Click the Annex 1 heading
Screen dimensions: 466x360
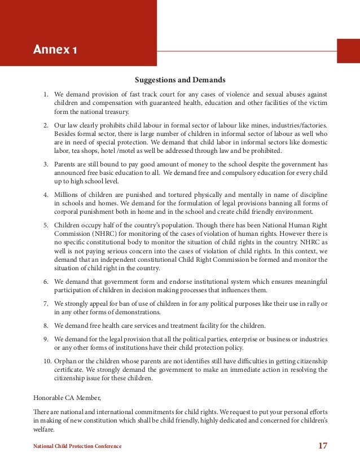pos(55,52)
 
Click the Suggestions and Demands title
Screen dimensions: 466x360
pos(179,80)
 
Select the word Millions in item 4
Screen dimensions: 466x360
pos(68,195)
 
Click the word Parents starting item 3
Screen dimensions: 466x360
pos(67,164)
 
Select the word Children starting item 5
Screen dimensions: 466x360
pos(68,225)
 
